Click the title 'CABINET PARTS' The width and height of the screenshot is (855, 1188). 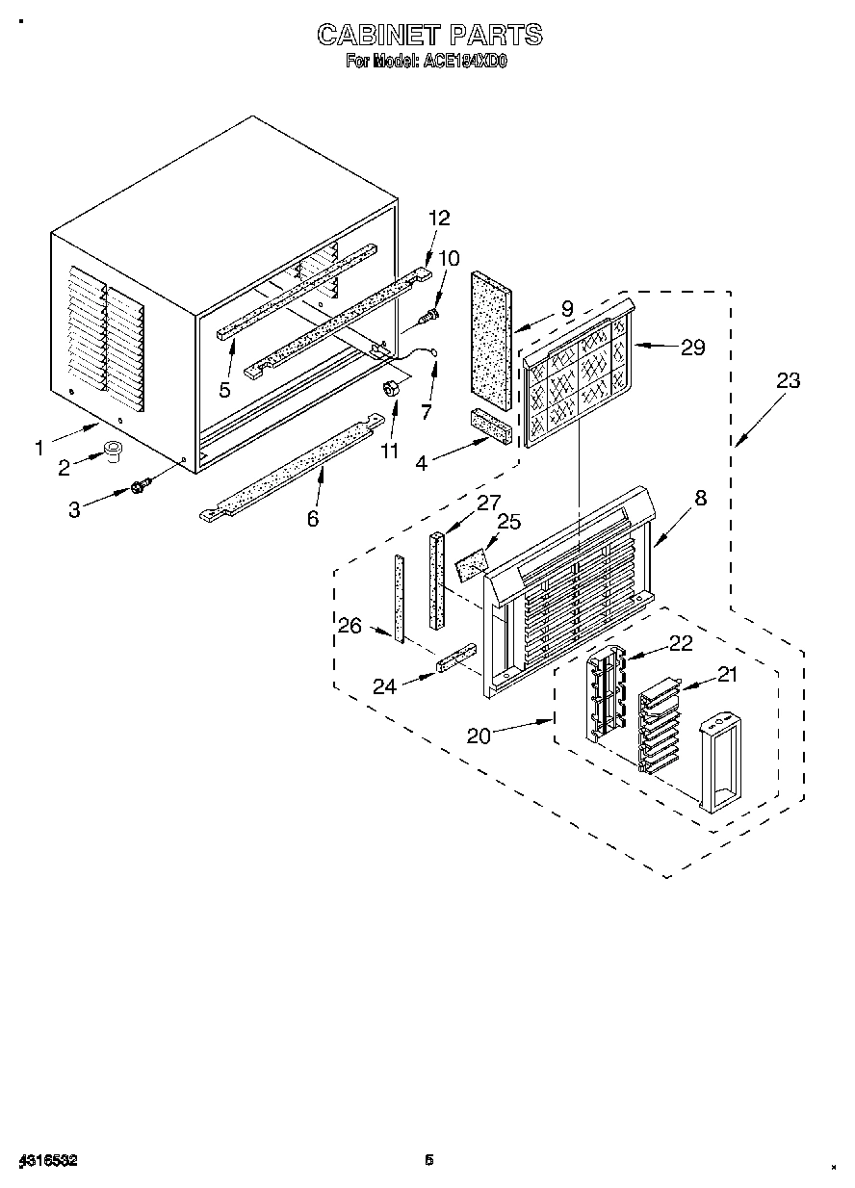[429, 36]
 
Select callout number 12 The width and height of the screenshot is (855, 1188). [439, 219]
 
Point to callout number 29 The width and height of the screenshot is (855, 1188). [692, 348]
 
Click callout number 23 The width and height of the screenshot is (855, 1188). [788, 380]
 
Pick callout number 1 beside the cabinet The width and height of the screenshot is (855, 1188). [39, 447]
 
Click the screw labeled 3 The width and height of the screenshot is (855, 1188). [140, 488]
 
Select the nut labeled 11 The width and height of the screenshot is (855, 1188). [392, 388]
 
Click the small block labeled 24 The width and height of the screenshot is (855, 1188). [455, 660]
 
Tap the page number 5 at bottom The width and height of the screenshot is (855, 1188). [429, 1160]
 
